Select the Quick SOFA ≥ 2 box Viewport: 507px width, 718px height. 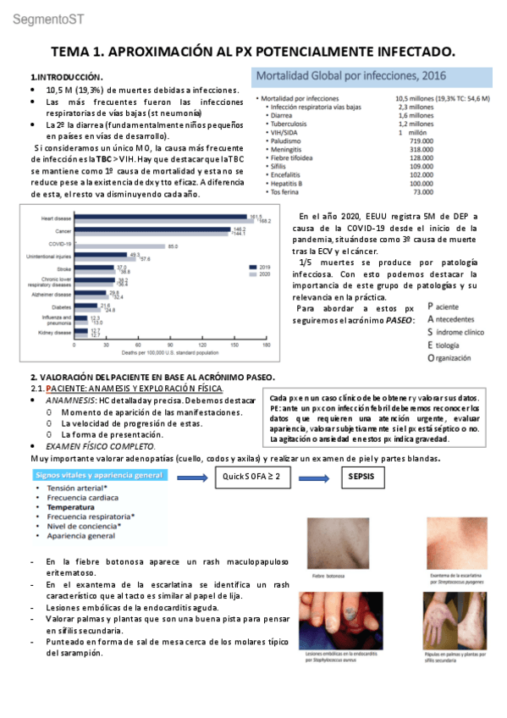[251, 476]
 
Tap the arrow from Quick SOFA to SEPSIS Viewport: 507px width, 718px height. [308, 476]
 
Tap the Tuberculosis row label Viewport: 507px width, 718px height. [295, 124]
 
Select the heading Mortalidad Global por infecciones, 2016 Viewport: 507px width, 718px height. [351, 76]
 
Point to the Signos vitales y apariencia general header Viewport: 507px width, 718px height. [100, 476]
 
